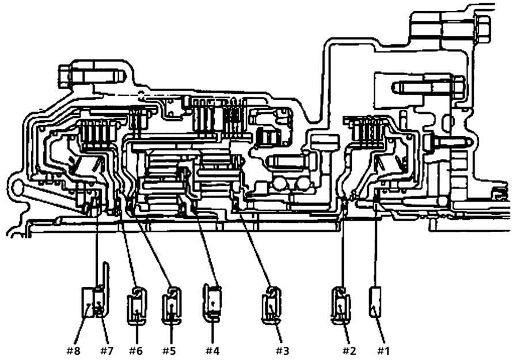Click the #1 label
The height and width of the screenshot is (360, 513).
(383, 351)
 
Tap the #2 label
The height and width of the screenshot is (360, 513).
(349, 351)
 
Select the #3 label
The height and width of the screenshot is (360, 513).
(282, 351)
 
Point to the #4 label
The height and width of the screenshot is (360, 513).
(212, 351)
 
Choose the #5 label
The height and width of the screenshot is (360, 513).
(169, 351)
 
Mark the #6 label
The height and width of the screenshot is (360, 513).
(136, 351)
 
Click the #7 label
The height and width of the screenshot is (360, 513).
(107, 351)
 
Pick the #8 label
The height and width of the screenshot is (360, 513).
(73, 351)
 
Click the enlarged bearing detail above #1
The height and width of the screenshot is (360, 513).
(375, 302)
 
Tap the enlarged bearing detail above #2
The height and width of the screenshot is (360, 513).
(341, 305)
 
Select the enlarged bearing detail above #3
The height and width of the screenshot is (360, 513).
(271, 305)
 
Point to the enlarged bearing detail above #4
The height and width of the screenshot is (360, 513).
(212, 301)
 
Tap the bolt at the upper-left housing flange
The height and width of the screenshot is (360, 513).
(92, 76)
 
